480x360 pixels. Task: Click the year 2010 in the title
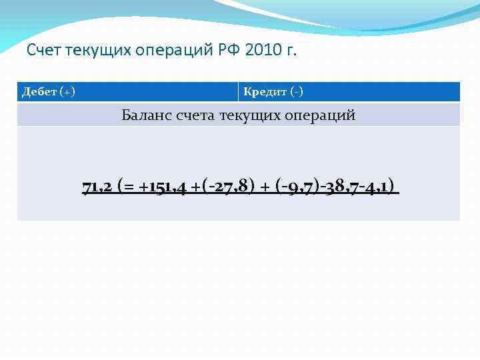coord(265,51)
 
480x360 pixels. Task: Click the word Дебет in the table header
coord(39,91)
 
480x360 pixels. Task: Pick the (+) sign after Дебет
coord(67,91)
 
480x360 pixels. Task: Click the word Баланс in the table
coord(147,115)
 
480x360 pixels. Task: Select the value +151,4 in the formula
coord(163,185)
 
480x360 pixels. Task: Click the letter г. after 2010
coord(291,51)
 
